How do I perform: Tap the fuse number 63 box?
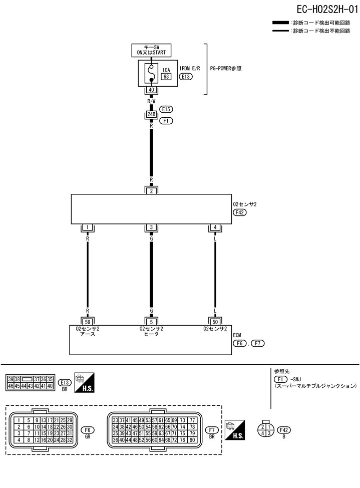pos(166,77)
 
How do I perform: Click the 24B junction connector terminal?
pos(151,115)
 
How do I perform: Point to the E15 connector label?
pos(166,109)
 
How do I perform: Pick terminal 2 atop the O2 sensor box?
pos(151,190)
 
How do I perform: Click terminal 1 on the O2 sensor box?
pos(88,228)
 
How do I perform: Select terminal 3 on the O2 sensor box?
pos(151,228)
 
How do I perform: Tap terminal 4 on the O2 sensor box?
pos(215,228)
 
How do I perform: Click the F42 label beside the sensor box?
pos(240,212)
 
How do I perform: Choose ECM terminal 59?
pos(88,321)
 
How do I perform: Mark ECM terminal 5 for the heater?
pos(151,321)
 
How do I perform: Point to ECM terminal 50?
pos(215,321)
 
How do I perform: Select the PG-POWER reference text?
pos(226,68)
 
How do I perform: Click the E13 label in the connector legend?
pos(65,382)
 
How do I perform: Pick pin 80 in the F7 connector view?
pos(192,440)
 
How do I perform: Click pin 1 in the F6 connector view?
pos(18,420)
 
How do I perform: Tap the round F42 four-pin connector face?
pos(266,430)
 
